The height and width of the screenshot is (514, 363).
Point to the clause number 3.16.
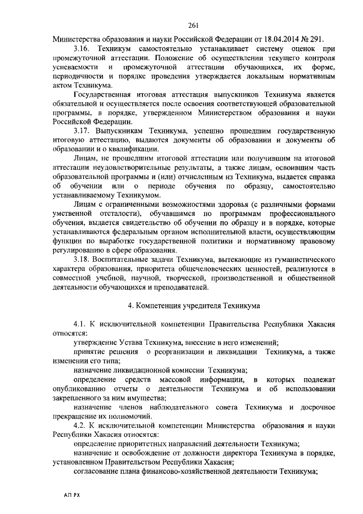[83, 49]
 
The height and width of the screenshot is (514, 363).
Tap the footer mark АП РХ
[72, 495]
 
